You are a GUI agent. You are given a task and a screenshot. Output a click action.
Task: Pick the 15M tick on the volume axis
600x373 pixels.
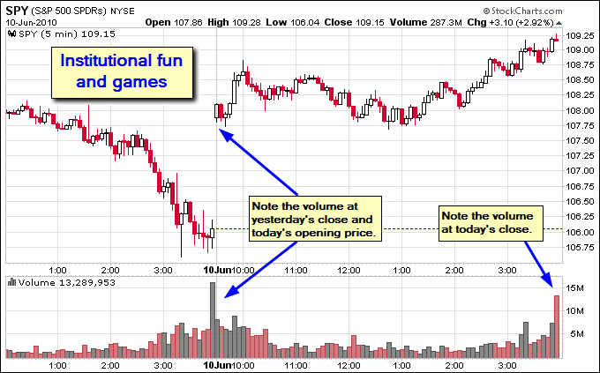[574, 288]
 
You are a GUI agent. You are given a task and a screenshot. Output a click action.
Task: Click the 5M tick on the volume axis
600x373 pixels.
[573, 333]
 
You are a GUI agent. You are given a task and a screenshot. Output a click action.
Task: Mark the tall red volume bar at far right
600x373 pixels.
[557, 326]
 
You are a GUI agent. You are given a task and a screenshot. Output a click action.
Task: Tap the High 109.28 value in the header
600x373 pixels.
[236, 21]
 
